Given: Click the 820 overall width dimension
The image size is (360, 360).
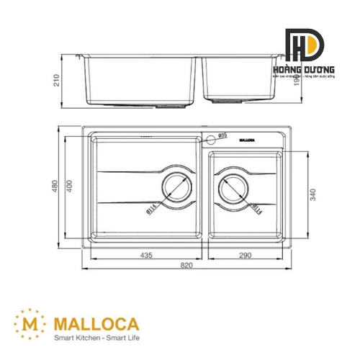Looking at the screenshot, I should pyautogui.click(x=186, y=266).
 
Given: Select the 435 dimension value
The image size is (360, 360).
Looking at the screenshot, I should pyautogui.click(x=147, y=256).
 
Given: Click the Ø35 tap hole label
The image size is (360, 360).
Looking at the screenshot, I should pyautogui.click(x=222, y=135).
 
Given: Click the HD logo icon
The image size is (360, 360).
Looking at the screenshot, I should pyautogui.click(x=304, y=47).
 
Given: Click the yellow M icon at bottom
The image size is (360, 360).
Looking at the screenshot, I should pyautogui.click(x=29, y=321).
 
